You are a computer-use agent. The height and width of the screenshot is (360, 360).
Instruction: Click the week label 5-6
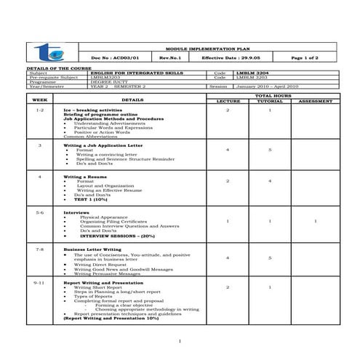point(40,212)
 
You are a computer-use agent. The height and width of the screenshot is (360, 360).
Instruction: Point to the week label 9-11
point(40,281)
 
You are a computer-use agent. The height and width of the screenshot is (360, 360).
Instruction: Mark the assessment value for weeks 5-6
point(314,221)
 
